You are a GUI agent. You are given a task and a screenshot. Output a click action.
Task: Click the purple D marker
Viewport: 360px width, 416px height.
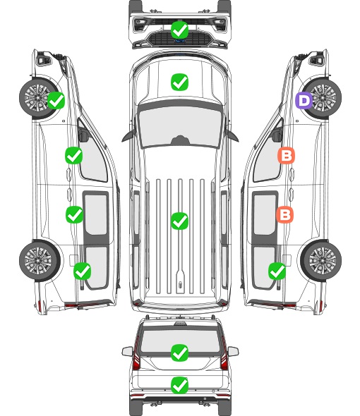(304, 100)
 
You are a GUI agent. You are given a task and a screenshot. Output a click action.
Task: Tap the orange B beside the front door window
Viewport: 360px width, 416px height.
(286, 155)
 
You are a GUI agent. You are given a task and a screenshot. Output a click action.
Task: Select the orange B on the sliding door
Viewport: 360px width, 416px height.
(284, 214)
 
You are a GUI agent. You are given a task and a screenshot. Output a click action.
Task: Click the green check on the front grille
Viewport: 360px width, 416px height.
(179, 30)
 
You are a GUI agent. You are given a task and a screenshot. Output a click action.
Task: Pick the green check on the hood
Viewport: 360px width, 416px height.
(179, 82)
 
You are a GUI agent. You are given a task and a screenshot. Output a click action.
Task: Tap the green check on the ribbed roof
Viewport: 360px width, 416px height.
(179, 221)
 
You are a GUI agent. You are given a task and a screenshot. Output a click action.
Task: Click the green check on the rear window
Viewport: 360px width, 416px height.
(179, 353)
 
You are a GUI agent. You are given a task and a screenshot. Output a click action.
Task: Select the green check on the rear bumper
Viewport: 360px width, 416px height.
(179, 385)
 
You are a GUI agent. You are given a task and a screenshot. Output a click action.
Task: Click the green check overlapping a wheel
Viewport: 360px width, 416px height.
(56, 100)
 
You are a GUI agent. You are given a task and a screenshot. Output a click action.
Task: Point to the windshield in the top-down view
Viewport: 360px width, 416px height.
(180, 126)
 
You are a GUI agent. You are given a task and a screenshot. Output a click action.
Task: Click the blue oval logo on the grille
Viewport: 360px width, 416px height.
(179, 41)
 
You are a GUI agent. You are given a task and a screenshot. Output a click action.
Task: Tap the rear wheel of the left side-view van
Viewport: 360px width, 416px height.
(40, 261)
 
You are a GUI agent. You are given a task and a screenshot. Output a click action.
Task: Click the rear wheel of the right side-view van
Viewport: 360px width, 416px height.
(321, 261)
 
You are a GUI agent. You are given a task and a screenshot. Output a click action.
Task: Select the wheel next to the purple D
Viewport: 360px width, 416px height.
(321, 98)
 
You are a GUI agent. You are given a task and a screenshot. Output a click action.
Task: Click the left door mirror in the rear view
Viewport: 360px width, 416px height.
(128, 352)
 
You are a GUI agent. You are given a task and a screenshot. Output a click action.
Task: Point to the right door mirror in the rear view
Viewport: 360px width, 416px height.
(233, 352)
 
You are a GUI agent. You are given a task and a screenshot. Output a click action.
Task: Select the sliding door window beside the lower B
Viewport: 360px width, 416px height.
(265, 214)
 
